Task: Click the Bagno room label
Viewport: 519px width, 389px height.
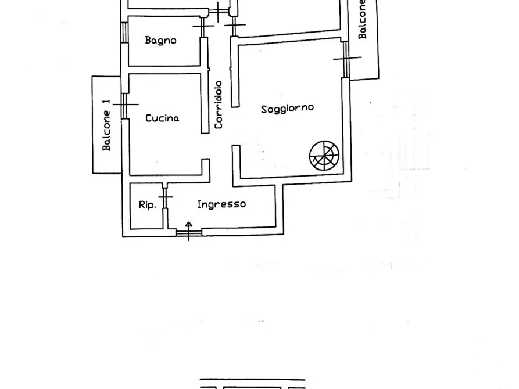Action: [160, 41]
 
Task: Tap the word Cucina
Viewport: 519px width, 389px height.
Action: [162, 118]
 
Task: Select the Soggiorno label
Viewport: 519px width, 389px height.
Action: [287, 109]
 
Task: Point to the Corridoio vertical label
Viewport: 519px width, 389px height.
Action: [219, 105]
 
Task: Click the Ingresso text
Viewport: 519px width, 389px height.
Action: [221, 204]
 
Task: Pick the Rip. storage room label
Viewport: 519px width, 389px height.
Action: [147, 205]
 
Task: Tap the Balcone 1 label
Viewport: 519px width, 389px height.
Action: [106, 125]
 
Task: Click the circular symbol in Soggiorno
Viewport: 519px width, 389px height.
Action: [324, 156]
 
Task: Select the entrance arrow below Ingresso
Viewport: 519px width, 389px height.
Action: [189, 231]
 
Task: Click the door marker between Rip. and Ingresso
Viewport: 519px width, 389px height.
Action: [166, 197]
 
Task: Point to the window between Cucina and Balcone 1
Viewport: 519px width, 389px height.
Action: [125, 105]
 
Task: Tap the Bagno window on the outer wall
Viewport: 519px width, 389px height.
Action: [124, 33]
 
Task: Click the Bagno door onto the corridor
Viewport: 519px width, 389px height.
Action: [203, 27]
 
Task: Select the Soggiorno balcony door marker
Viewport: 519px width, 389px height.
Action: [346, 59]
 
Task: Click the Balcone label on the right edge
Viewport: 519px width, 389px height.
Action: [363, 19]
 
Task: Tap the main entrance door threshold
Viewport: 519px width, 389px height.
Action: [189, 233]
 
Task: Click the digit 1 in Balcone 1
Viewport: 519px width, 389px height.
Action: [106, 103]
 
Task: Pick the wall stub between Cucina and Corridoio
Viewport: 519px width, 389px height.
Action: [205, 103]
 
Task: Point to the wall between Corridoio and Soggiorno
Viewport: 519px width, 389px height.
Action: [235, 72]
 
